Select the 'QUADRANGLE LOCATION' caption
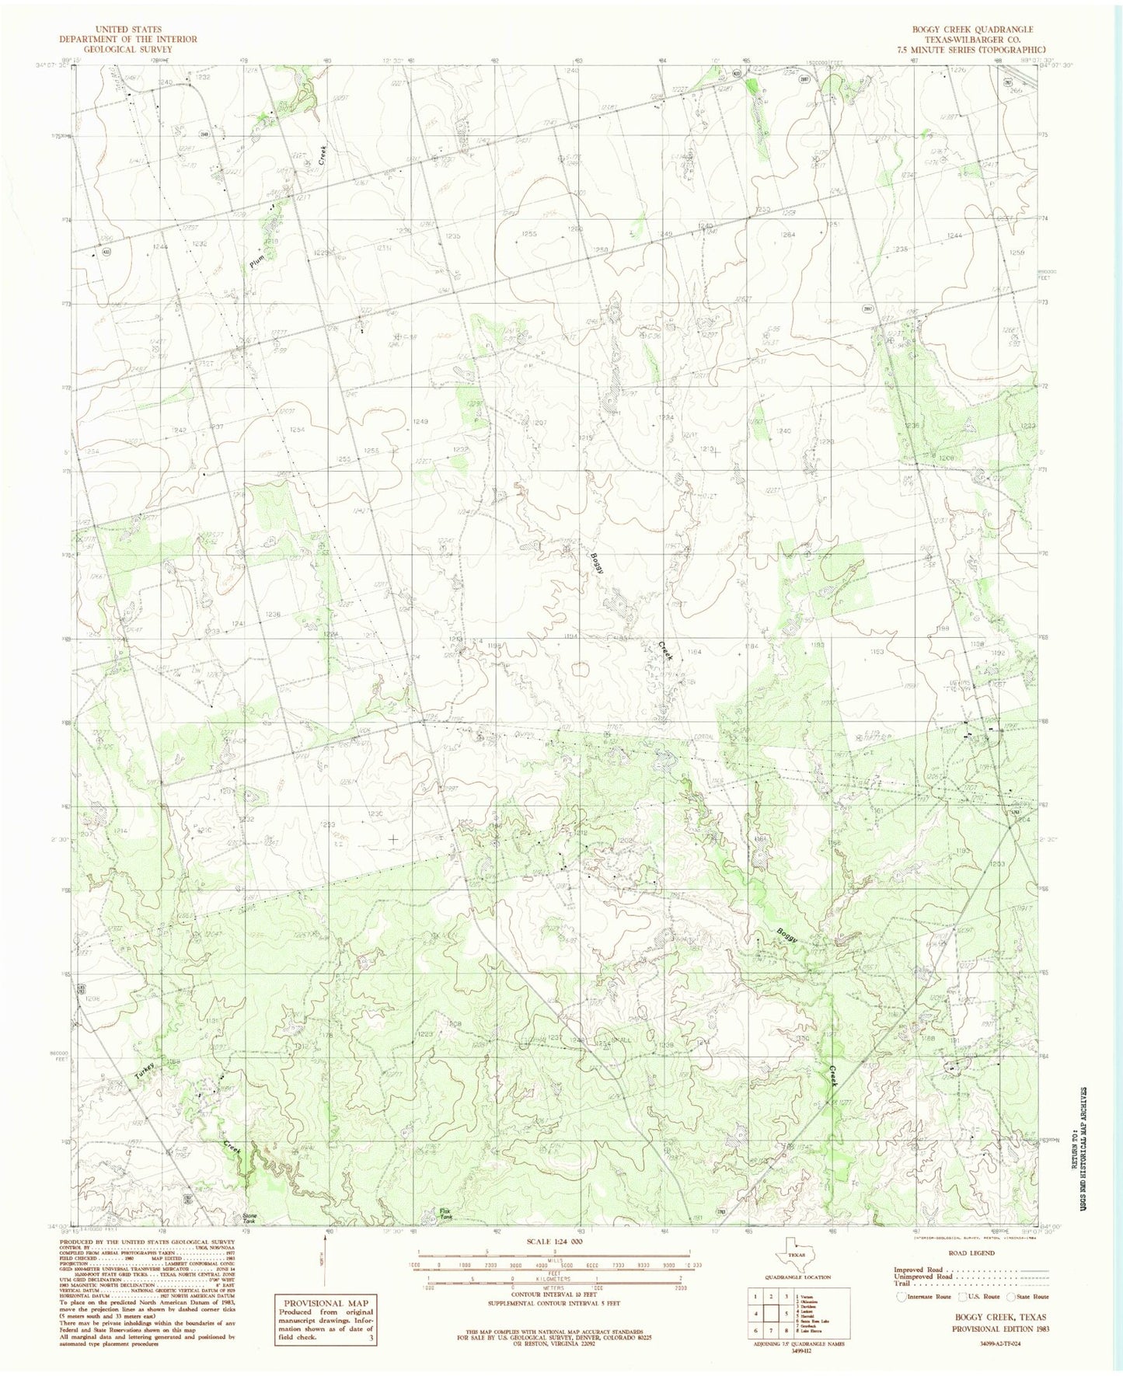click(x=788, y=1277)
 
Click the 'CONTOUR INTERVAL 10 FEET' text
click(x=554, y=1301)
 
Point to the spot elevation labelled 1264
click(x=788, y=235)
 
